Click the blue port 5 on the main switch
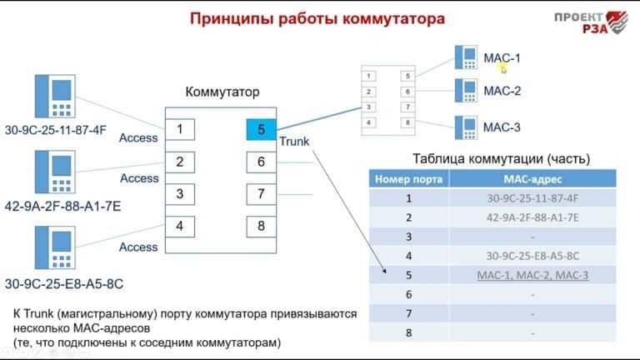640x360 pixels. pyautogui.click(x=261, y=129)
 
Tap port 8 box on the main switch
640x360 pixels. pyautogui.click(x=261, y=226)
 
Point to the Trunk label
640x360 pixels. pyautogui.click(x=294, y=142)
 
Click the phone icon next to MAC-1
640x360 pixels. pyautogui.click(x=464, y=57)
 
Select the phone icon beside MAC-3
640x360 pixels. pyautogui.click(x=464, y=127)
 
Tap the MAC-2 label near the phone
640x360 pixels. pyautogui.click(x=502, y=92)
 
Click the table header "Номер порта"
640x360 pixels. pyautogui.click(x=409, y=178)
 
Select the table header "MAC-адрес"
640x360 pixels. pyautogui.click(x=532, y=178)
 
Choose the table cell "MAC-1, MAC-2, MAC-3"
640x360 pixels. pyautogui.click(x=532, y=275)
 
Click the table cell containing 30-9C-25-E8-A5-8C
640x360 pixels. pyautogui.click(x=532, y=256)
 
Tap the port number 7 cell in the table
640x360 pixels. pyautogui.click(x=409, y=313)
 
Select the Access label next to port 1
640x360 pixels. pyautogui.click(x=138, y=137)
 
